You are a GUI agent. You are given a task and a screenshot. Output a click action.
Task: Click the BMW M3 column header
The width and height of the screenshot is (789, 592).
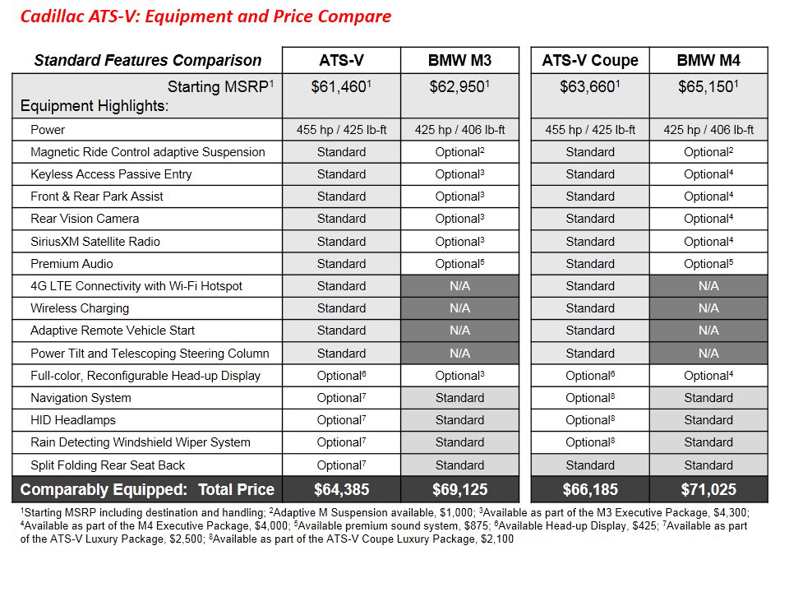click(459, 60)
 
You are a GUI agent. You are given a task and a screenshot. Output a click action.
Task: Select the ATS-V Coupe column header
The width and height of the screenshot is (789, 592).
click(589, 60)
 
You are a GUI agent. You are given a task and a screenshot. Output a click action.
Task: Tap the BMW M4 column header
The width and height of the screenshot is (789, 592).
click(708, 60)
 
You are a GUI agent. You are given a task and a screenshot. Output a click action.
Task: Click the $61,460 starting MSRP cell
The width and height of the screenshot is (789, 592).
click(341, 86)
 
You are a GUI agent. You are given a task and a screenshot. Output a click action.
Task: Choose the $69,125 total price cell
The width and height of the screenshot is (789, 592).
click(459, 490)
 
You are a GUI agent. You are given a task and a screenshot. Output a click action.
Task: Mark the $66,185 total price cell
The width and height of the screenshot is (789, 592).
click(589, 490)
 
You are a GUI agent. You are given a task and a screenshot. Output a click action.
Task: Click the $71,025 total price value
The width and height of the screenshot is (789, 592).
click(708, 490)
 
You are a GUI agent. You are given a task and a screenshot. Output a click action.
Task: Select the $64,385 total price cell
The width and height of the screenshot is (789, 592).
click(341, 490)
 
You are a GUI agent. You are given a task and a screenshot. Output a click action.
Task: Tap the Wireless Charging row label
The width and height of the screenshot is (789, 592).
click(80, 308)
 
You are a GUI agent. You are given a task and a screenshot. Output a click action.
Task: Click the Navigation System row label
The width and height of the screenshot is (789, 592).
click(81, 398)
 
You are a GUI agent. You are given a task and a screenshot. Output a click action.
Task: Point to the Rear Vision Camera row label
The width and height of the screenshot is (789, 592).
click(85, 219)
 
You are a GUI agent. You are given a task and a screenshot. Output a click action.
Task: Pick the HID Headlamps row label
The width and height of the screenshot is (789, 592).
click(73, 420)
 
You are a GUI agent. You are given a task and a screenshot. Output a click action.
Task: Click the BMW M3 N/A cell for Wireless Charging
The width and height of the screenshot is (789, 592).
click(459, 308)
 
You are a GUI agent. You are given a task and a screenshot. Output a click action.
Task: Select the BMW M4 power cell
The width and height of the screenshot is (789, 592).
click(708, 130)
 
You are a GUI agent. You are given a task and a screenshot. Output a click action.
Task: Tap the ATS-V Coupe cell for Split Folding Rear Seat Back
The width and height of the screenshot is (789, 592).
click(589, 465)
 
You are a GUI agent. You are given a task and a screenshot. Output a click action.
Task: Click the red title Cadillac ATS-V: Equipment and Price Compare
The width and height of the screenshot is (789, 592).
click(205, 16)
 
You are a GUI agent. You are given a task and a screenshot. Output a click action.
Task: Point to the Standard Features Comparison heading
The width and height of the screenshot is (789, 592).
click(148, 60)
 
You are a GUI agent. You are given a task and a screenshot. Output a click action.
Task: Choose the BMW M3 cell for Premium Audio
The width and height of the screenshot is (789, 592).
click(459, 264)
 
